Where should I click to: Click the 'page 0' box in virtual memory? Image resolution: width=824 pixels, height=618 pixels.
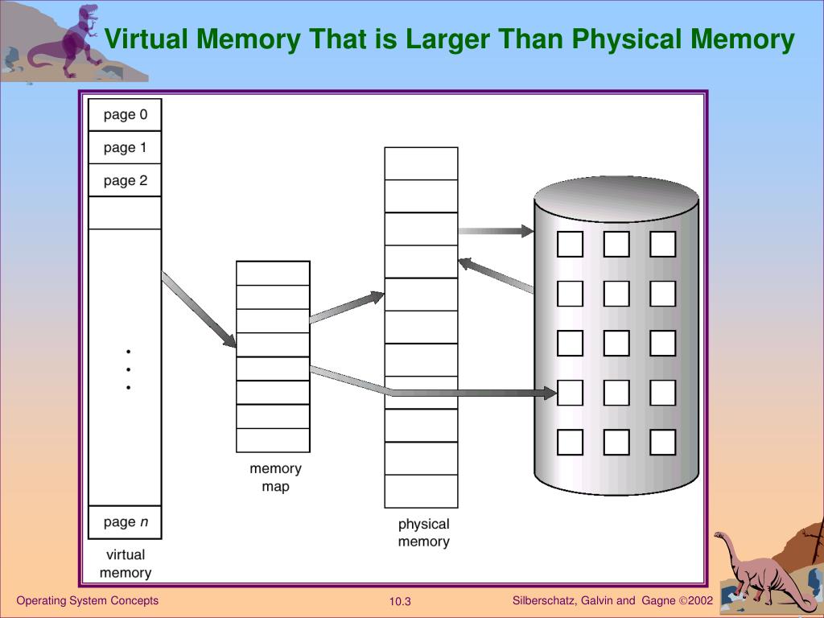pyautogui.click(x=125, y=114)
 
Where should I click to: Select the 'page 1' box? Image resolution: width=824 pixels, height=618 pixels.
pyautogui.click(x=125, y=147)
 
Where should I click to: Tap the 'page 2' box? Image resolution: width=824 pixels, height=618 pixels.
pyautogui.click(x=125, y=180)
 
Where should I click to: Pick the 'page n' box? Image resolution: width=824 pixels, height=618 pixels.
pyautogui.click(x=125, y=521)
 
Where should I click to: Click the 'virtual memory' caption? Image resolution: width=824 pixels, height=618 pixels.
pyautogui.click(x=126, y=563)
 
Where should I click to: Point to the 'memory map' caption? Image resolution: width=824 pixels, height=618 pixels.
pyautogui.click(x=275, y=477)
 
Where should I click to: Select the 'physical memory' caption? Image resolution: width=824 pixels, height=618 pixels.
pyautogui.click(x=423, y=533)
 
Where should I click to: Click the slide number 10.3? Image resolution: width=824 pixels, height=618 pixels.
pyautogui.click(x=400, y=601)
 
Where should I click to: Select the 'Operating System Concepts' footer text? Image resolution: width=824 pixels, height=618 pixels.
pyautogui.click(x=88, y=600)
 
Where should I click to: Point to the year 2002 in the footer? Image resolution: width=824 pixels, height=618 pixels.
pyautogui.click(x=701, y=600)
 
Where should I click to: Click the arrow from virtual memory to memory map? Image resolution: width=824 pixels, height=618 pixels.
pyautogui.click(x=199, y=310)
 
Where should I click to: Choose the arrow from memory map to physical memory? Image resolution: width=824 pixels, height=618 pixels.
pyautogui.click(x=346, y=308)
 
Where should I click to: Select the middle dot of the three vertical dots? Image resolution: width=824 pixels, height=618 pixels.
pyautogui.click(x=128, y=369)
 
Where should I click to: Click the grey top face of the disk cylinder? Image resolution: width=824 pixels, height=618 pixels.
pyautogui.click(x=616, y=197)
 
